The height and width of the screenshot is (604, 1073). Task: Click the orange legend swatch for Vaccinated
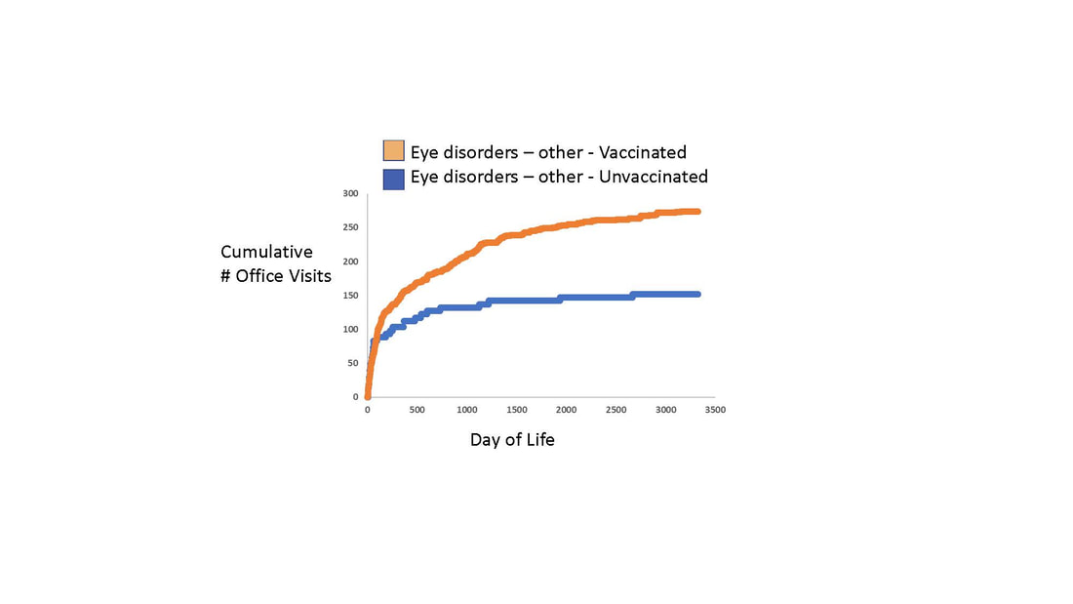click(x=393, y=151)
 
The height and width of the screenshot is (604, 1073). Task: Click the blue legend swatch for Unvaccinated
click(x=393, y=178)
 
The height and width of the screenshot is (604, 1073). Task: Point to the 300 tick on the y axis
click(x=350, y=193)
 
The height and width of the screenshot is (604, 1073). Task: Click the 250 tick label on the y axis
click(x=350, y=227)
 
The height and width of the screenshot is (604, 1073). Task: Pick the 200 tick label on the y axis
click(x=350, y=262)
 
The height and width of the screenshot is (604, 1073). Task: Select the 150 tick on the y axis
click(x=350, y=295)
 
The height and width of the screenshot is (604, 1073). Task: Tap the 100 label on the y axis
click(x=350, y=329)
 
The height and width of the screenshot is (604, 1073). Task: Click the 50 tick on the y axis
click(x=352, y=363)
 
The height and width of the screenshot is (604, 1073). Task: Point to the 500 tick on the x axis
click(x=417, y=410)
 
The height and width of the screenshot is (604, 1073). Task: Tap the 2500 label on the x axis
click(x=616, y=410)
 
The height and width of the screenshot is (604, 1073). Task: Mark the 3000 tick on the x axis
click(x=665, y=410)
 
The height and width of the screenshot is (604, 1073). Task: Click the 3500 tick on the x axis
click(x=715, y=410)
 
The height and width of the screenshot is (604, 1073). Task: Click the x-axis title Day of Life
click(x=512, y=440)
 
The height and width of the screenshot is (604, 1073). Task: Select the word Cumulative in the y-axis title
click(x=266, y=253)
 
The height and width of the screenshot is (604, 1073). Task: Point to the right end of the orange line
click(x=698, y=211)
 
